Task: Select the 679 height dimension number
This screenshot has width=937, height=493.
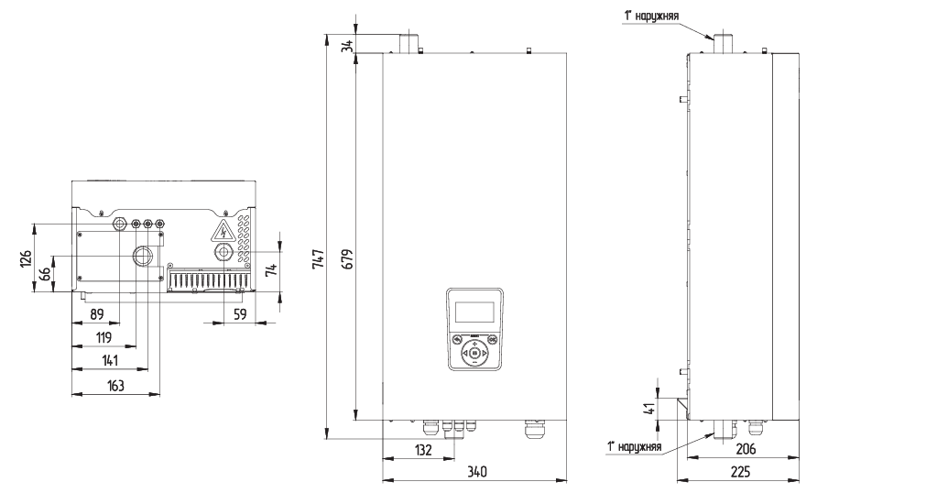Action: click(x=348, y=260)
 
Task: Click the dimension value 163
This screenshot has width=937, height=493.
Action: click(x=116, y=386)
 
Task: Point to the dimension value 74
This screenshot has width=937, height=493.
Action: click(x=270, y=269)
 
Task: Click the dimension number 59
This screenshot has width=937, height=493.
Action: click(x=240, y=314)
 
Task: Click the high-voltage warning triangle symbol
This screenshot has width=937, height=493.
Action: click(x=221, y=229)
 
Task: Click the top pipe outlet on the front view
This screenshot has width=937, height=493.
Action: click(x=408, y=42)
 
